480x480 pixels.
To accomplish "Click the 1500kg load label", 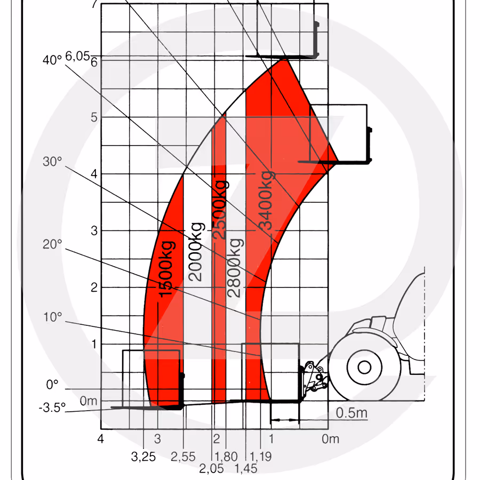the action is coord(167,269).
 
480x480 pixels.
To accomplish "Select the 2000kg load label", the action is coord(196,252).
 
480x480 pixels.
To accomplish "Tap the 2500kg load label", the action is coord(220,210).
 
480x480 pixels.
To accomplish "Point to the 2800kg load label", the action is coord(235,268).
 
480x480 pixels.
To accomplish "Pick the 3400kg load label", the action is coord(266,201).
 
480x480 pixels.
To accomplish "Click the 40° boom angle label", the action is coord(52,60).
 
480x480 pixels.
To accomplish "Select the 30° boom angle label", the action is coord(52,162).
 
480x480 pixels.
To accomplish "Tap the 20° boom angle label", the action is coord(52,244).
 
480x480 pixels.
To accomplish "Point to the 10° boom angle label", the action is coord(52,317).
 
